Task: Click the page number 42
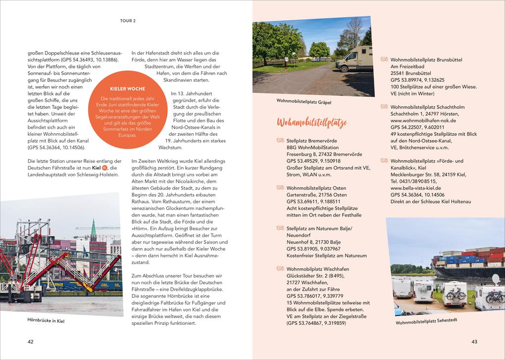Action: pyautogui.click(x=30, y=341)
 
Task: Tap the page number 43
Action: pyautogui.click(x=474, y=341)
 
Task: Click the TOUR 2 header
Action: pyautogui.click(x=128, y=21)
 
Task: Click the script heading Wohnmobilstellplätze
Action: pyautogui.click(x=312, y=123)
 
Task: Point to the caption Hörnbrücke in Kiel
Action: pyautogui.click(x=46, y=320)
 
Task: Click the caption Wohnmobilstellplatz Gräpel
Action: pyautogui.click(x=303, y=102)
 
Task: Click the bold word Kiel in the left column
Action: pyautogui.click(x=96, y=168)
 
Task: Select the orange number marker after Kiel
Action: pyautogui.click(x=104, y=168)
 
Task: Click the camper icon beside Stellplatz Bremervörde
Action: pyautogui.click(x=280, y=141)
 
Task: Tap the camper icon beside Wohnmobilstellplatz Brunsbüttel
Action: pyautogui.click(x=384, y=59)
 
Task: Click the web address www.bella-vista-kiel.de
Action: pyautogui.click(x=416, y=188)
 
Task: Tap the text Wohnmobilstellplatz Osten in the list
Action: pyautogui.click(x=316, y=188)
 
